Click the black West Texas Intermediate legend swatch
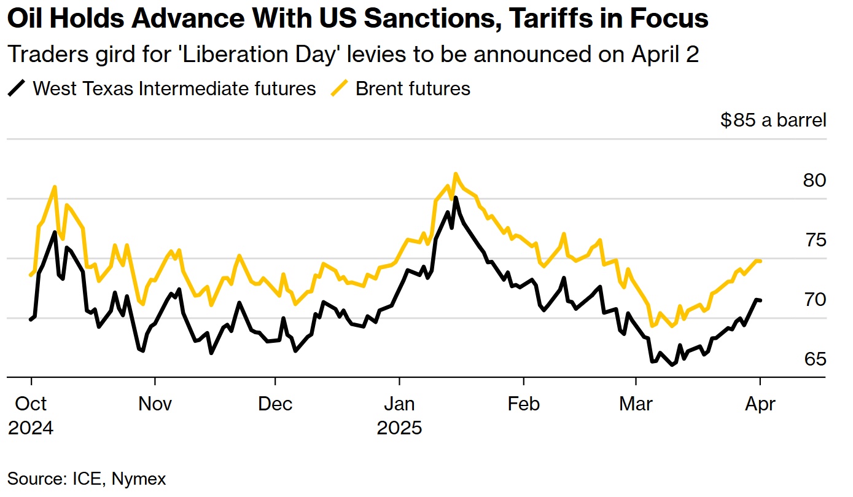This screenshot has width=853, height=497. coord(17,88)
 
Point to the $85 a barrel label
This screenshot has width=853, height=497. coord(773,120)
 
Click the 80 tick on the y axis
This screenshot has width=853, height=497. coord(814,181)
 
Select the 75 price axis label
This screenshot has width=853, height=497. coord(814,240)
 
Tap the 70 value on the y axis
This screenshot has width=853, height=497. coord(814,300)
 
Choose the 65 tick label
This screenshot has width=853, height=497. coord(814,359)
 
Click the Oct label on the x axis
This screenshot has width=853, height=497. coord(30,404)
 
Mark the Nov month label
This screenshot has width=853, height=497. coord(155,404)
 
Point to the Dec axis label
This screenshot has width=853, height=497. coord(275,404)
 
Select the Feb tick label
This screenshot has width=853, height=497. coord(523,404)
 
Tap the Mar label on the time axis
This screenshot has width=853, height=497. coord(636,404)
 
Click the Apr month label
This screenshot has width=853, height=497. coord(760,404)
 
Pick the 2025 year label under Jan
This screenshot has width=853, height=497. coord(400,428)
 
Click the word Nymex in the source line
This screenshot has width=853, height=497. coord(142,479)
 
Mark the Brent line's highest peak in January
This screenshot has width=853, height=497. coord(455,174)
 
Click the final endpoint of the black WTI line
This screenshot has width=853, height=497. coord(761,300)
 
